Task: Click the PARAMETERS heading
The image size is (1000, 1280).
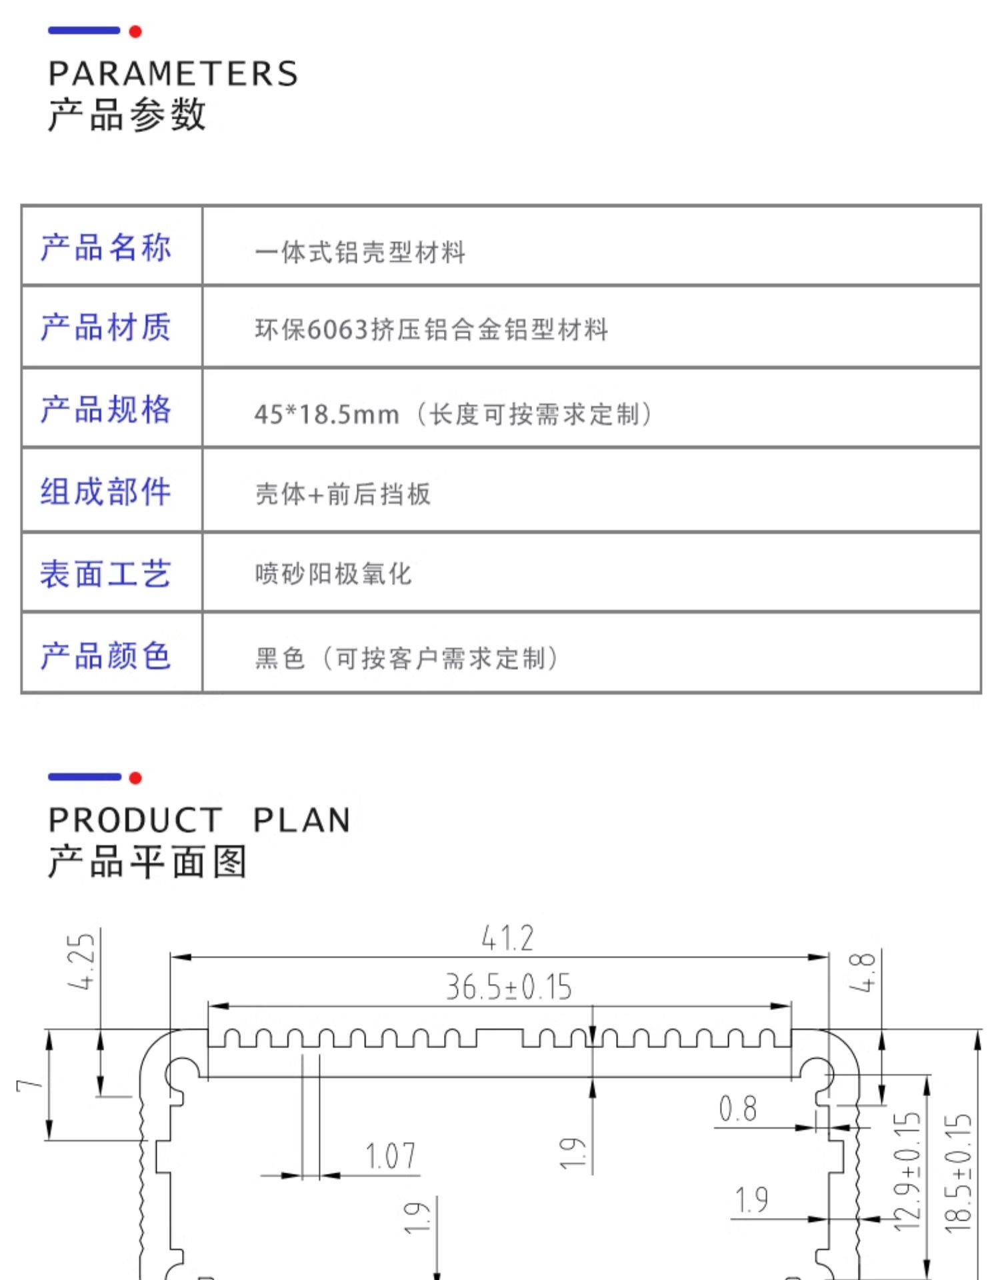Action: point(173,73)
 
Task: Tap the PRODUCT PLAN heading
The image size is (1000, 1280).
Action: point(199,820)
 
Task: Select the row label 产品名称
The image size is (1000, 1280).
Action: point(106,247)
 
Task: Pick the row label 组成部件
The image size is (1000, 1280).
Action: point(106,492)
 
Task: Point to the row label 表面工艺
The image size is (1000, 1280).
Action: point(106,574)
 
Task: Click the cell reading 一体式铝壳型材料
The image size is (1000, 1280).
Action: point(360,252)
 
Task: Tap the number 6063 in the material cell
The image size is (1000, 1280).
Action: point(338,330)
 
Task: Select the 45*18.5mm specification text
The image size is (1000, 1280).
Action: point(327,415)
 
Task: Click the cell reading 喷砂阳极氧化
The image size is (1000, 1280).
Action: point(333,574)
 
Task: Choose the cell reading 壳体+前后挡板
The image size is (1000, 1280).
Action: point(343,494)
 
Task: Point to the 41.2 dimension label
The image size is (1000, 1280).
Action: point(507,939)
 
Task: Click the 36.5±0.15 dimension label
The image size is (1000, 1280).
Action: point(509,987)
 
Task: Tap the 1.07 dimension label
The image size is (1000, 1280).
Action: point(391,1157)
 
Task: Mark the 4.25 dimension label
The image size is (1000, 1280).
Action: point(83,961)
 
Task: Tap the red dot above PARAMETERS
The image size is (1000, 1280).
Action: point(135,31)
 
